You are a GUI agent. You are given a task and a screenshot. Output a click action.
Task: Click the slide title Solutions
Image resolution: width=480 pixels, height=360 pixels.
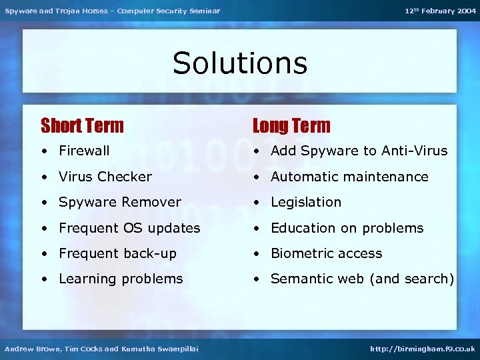pyautogui.click(x=240, y=63)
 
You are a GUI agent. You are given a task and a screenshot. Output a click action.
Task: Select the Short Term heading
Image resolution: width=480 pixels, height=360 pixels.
pyautogui.click(x=82, y=125)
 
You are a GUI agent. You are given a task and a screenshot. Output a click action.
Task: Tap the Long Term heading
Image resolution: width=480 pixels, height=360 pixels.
pyautogui.click(x=291, y=125)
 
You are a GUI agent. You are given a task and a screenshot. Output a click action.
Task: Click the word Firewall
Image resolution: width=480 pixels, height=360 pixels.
pyautogui.click(x=84, y=151)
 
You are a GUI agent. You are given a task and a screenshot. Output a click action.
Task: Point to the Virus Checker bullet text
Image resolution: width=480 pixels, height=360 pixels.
pyautogui.click(x=105, y=177)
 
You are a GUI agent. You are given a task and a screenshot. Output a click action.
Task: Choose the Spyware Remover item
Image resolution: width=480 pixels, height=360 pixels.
pyautogui.click(x=120, y=202)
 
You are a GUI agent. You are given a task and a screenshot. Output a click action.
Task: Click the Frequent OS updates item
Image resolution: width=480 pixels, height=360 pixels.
pyautogui.click(x=129, y=228)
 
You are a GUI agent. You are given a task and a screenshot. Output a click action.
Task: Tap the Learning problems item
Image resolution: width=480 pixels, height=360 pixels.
pyautogui.click(x=121, y=279)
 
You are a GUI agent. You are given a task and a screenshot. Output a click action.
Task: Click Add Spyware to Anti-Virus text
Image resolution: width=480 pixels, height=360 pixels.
pyautogui.click(x=359, y=151)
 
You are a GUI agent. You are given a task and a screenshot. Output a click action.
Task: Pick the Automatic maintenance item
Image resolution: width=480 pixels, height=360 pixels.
pyautogui.click(x=349, y=177)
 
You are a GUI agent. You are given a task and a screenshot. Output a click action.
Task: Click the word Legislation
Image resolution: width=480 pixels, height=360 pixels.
pyautogui.click(x=306, y=202)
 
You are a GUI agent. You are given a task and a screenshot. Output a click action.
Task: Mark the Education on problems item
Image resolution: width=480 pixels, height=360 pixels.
pyautogui.click(x=347, y=228)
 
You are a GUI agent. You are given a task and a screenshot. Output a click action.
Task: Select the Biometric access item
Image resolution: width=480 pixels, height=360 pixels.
pyautogui.click(x=326, y=253)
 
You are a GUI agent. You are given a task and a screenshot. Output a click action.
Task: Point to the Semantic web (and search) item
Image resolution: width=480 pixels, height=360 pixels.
pyautogui.click(x=362, y=279)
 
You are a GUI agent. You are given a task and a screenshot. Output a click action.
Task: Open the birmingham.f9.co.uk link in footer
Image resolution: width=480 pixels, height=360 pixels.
pyautogui.click(x=423, y=349)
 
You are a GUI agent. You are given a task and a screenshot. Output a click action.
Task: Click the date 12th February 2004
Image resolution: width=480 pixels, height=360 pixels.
pyautogui.click(x=440, y=11)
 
